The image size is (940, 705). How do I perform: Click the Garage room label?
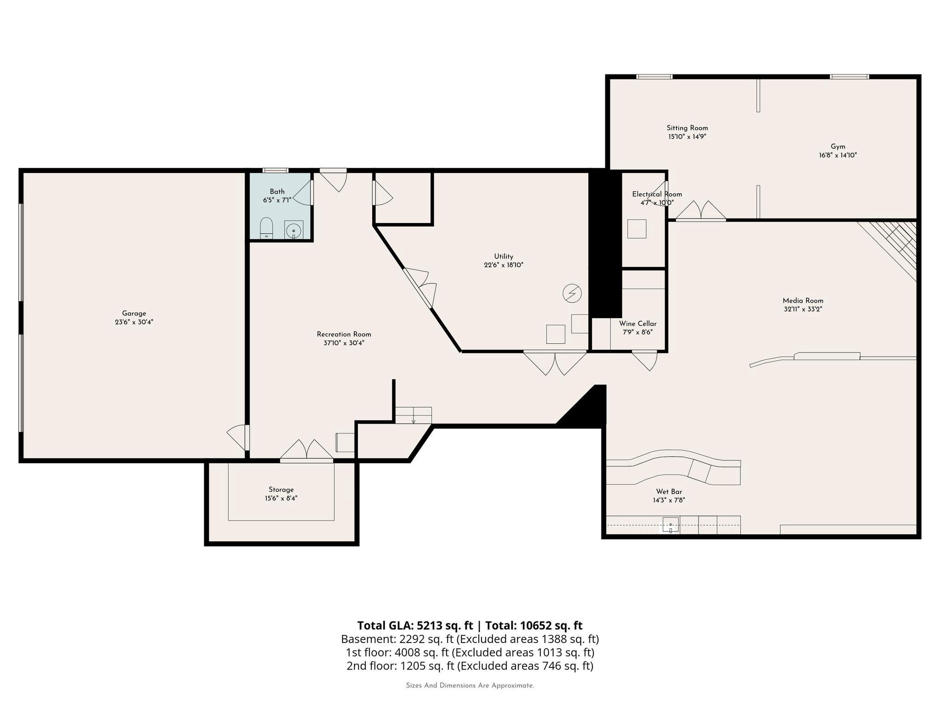[134, 313]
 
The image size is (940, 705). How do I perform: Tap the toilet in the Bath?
[266, 228]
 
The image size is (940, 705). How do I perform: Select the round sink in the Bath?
[294, 230]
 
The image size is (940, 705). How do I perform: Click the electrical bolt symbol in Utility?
[572, 293]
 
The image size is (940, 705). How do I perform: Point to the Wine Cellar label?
[638, 324]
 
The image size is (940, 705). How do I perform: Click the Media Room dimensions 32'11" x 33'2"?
[803, 309]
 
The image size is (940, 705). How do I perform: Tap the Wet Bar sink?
[671, 524]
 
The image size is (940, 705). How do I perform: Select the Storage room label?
[281, 490]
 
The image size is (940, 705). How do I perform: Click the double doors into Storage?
[306, 450]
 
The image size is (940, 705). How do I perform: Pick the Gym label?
[838, 147]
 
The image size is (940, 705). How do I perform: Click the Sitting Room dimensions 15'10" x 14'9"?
[687, 136]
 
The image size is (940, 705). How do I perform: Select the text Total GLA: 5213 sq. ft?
[415, 626]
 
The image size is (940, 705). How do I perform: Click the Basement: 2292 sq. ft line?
[470, 639]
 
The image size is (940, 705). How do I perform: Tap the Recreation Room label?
[344, 334]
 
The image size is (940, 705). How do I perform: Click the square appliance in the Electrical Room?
[637, 229]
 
